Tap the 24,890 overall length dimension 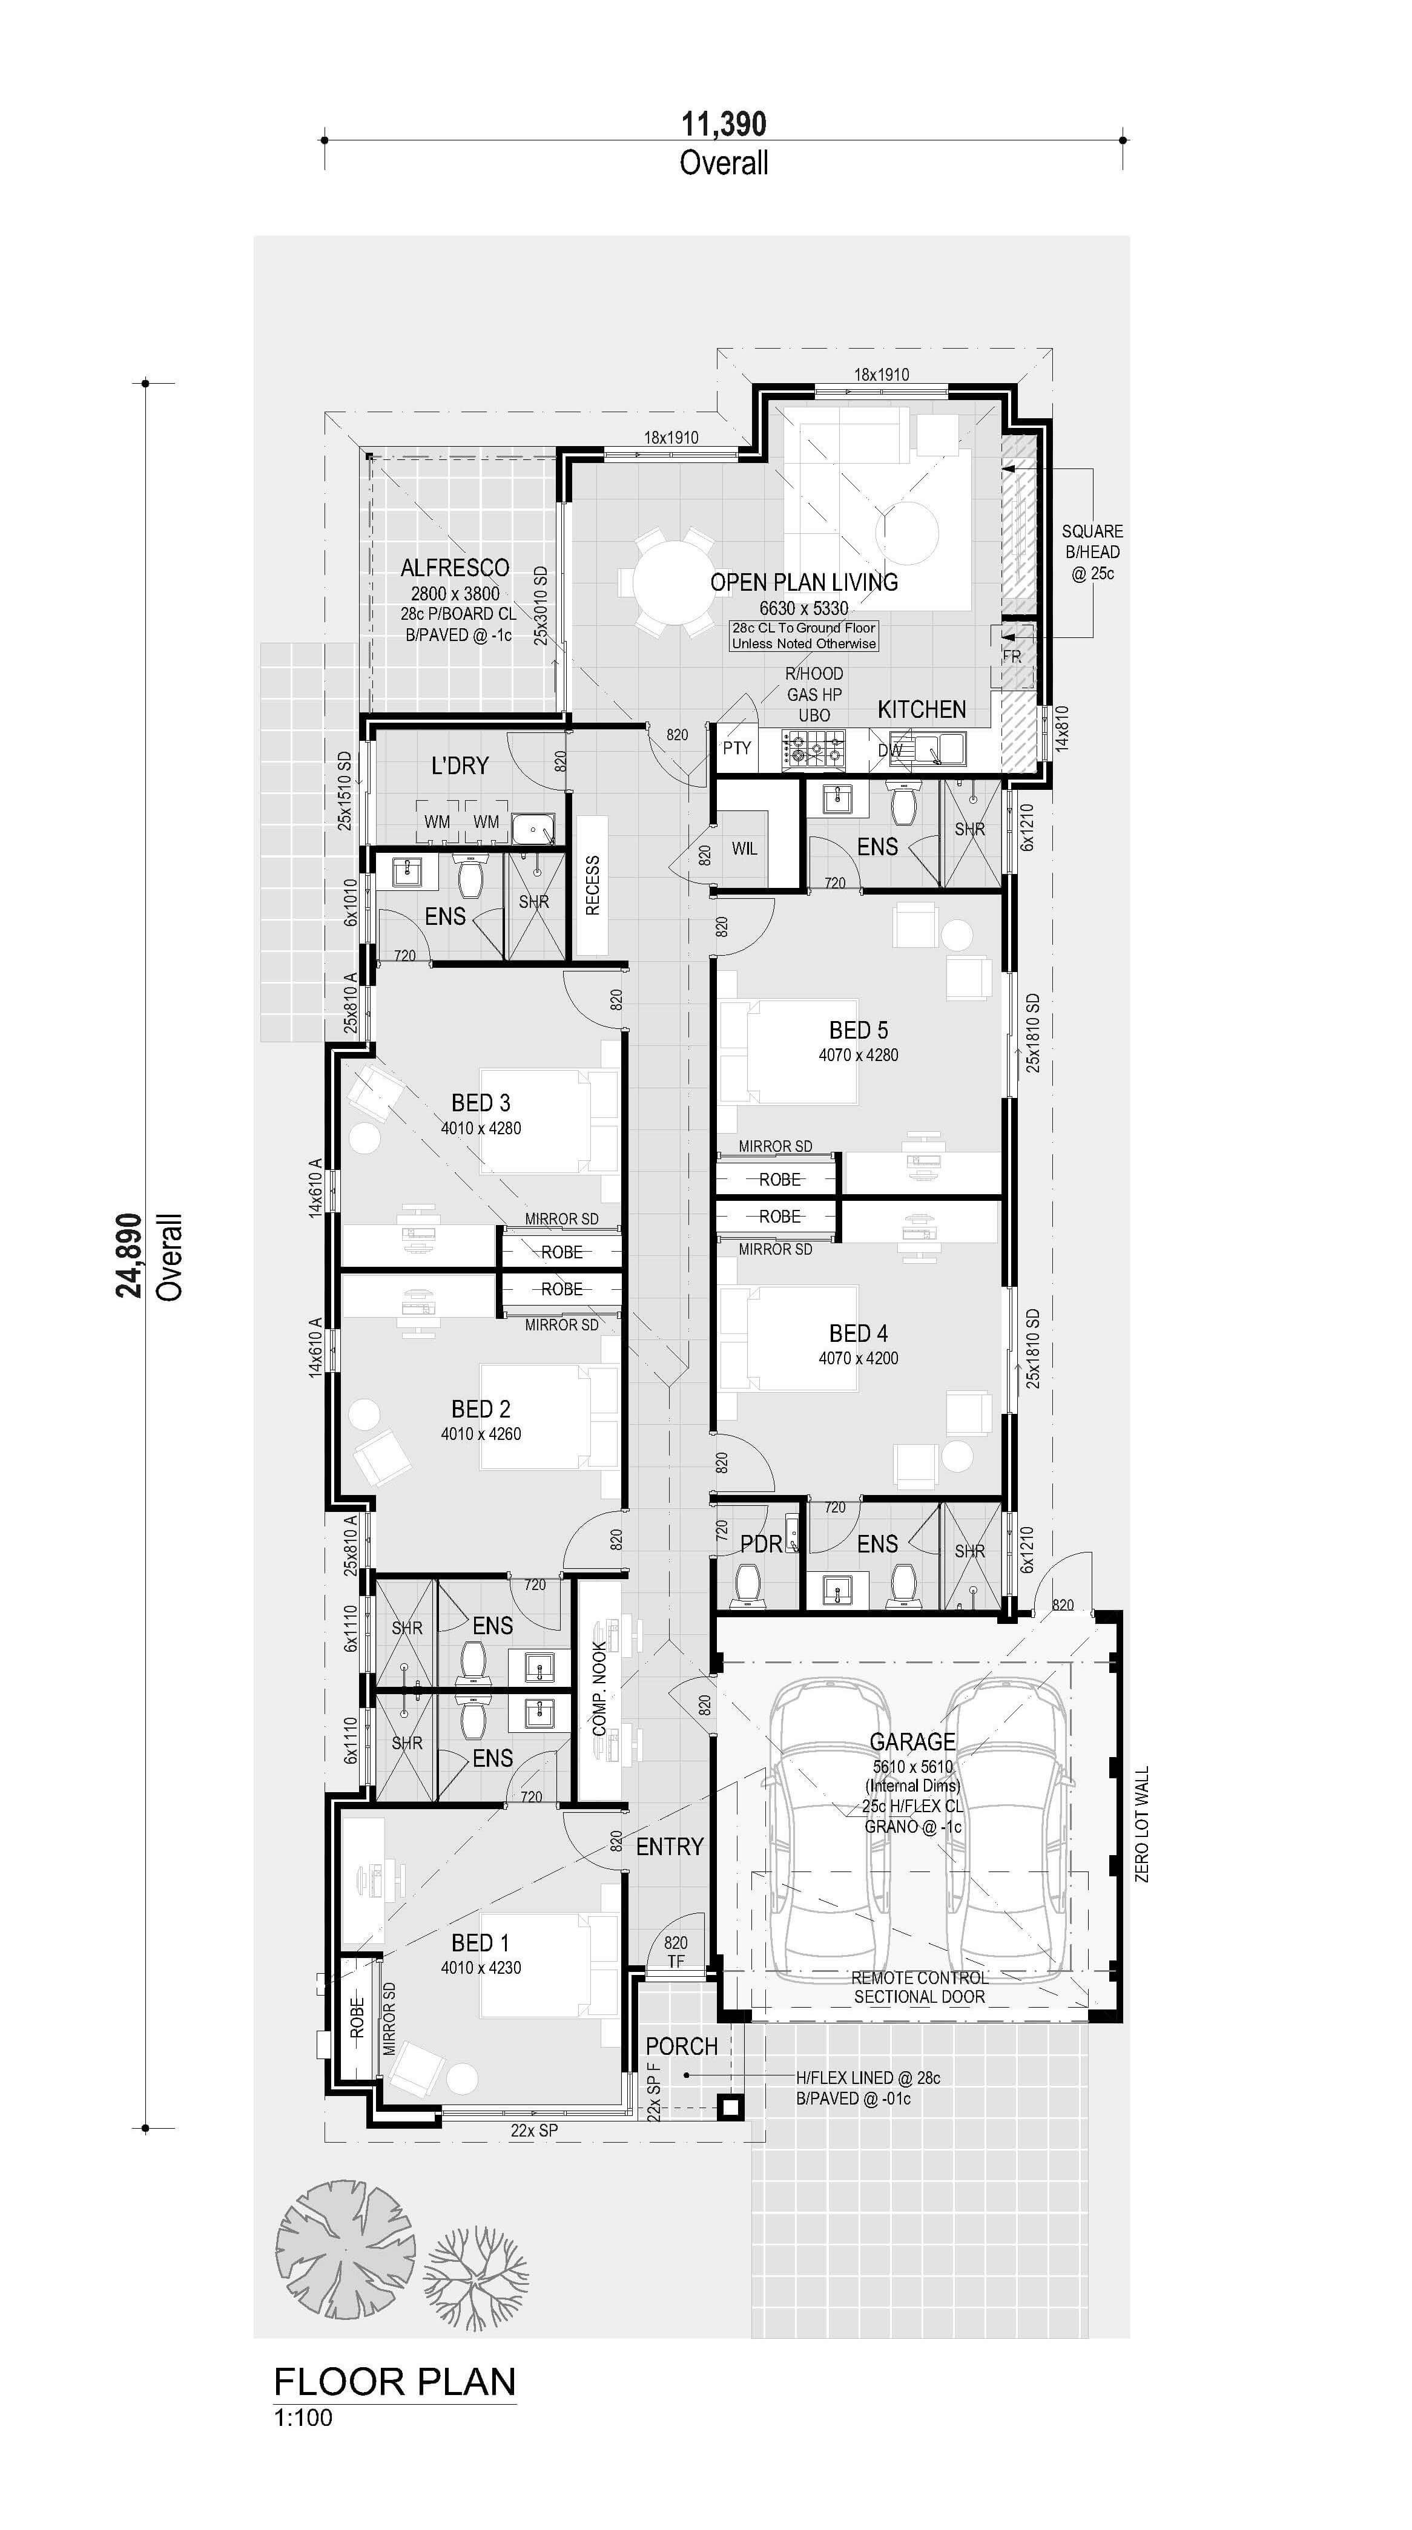click(x=130, y=1255)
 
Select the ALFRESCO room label click(x=455, y=568)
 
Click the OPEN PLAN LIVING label click(x=803, y=582)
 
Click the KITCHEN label click(x=922, y=709)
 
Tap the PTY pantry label click(x=737, y=747)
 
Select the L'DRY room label click(x=460, y=765)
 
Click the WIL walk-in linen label click(x=745, y=849)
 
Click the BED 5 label click(x=859, y=1030)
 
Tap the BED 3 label click(x=481, y=1103)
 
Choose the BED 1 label click(x=481, y=1943)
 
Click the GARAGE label click(x=913, y=1741)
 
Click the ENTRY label click(x=670, y=1847)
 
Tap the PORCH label click(x=682, y=2046)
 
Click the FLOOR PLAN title click(x=395, y=2382)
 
